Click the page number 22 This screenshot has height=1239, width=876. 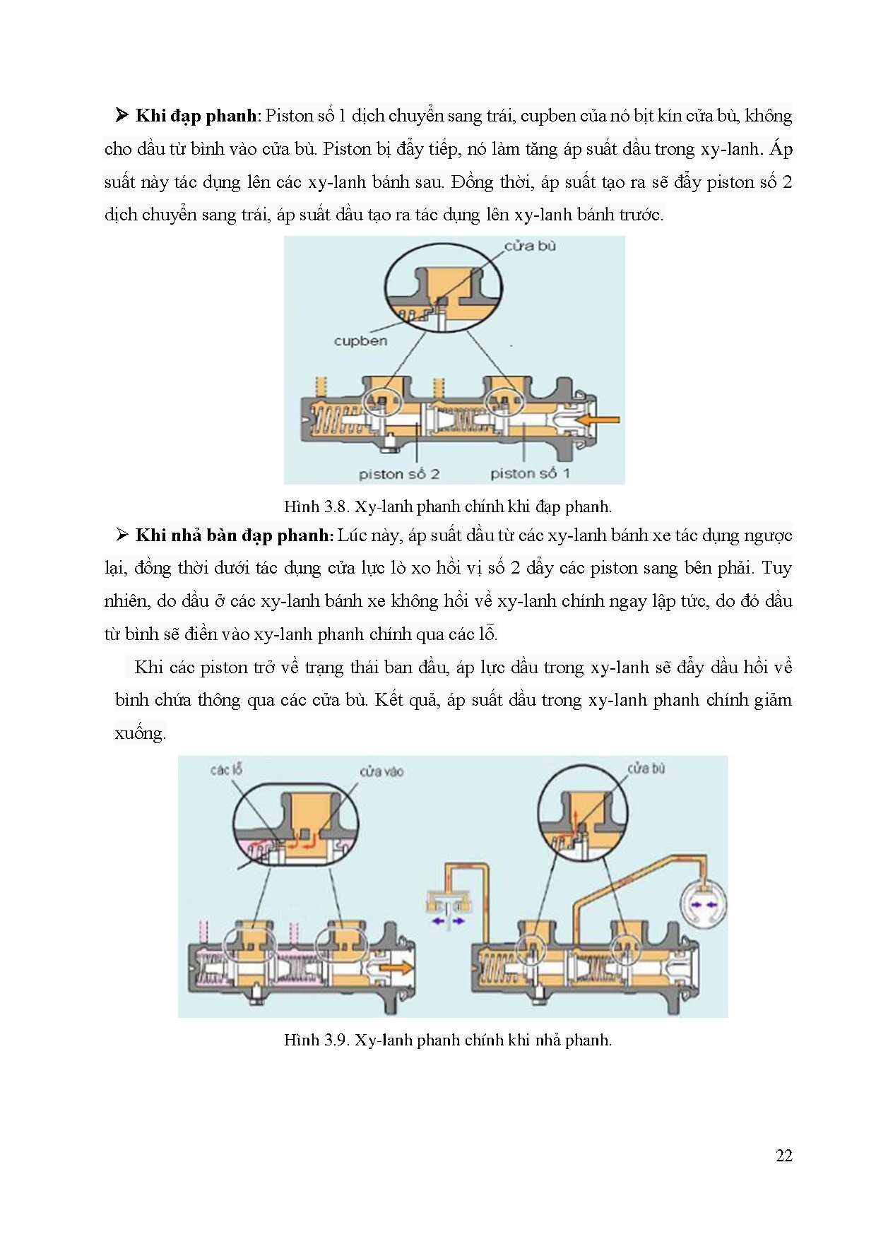pyautogui.click(x=783, y=1156)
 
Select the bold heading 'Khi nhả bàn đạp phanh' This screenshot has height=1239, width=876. pyautogui.click(x=232, y=535)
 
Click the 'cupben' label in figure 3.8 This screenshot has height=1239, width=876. pyautogui.click(x=360, y=341)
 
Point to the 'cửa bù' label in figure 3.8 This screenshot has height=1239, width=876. pyautogui.click(x=530, y=246)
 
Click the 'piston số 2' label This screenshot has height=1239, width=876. pyautogui.click(x=398, y=474)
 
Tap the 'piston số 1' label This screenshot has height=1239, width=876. pyautogui.click(x=530, y=474)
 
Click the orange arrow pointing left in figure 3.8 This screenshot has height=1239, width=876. pyautogui.click(x=598, y=420)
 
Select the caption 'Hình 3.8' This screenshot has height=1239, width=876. pyautogui.click(x=447, y=506)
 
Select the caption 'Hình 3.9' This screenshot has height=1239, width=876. pyautogui.click(x=447, y=1040)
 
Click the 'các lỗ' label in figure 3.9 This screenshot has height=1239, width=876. pyautogui.click(x=225, y=769)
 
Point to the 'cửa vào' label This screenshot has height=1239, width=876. pyautogui.click(x=381, y=771)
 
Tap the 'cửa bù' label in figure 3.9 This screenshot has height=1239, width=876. pyautogui.click(x=646, y=768)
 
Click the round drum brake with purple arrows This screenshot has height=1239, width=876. pyautogui.click(x=702, y=904)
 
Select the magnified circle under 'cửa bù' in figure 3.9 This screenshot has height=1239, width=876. pyautogui.click(x=582, y=812)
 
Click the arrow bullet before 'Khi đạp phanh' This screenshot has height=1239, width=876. pyautogui.click(x=122, y=116)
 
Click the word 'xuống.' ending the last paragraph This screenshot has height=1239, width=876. pyautogui.click(x=140, y=733)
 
